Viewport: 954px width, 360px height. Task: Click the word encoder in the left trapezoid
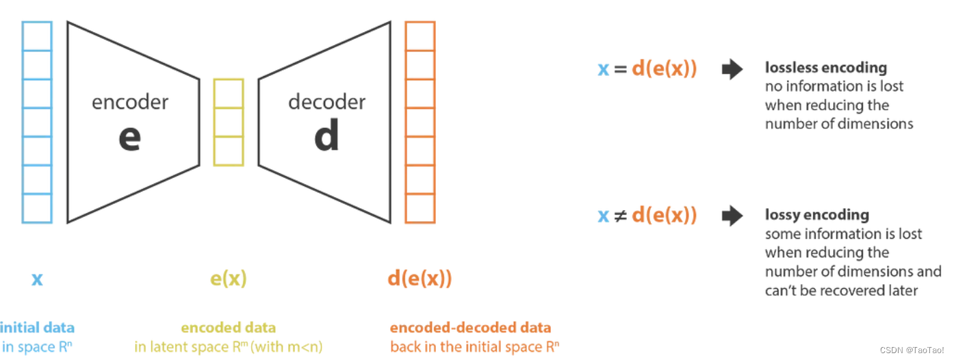tap(130, 103)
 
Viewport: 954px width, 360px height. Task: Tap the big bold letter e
tap(129, 138)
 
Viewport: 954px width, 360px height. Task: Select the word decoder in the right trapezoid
tap(326, 103)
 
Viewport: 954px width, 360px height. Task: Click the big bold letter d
tap(326, 137)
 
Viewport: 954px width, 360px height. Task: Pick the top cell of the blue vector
tap(37, 36)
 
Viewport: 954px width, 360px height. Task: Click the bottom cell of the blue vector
tap(37, 208)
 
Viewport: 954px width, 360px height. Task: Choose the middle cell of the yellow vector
tap(229, 122)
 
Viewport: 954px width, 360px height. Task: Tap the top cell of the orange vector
tap(420, 36)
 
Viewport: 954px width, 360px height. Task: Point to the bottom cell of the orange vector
tap(420, 208)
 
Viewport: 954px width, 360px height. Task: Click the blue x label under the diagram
tap(37, 279)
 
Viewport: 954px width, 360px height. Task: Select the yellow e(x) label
tap(228, 279)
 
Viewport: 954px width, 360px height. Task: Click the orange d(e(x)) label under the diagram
tap(420, 279)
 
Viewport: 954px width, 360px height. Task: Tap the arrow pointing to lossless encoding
tap(732, 69)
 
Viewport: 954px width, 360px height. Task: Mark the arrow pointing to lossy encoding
tap(732, 216)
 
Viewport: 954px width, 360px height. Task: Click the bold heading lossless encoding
tap(825, 68)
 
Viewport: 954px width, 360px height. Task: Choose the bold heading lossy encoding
tap(816, 215)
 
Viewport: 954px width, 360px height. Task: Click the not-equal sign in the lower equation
tap(620, 216)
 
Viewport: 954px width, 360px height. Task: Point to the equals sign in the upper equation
tap(620, 69)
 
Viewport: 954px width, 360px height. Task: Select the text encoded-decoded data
tap(470, 327)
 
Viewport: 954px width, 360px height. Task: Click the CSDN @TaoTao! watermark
tap(912, 350)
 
